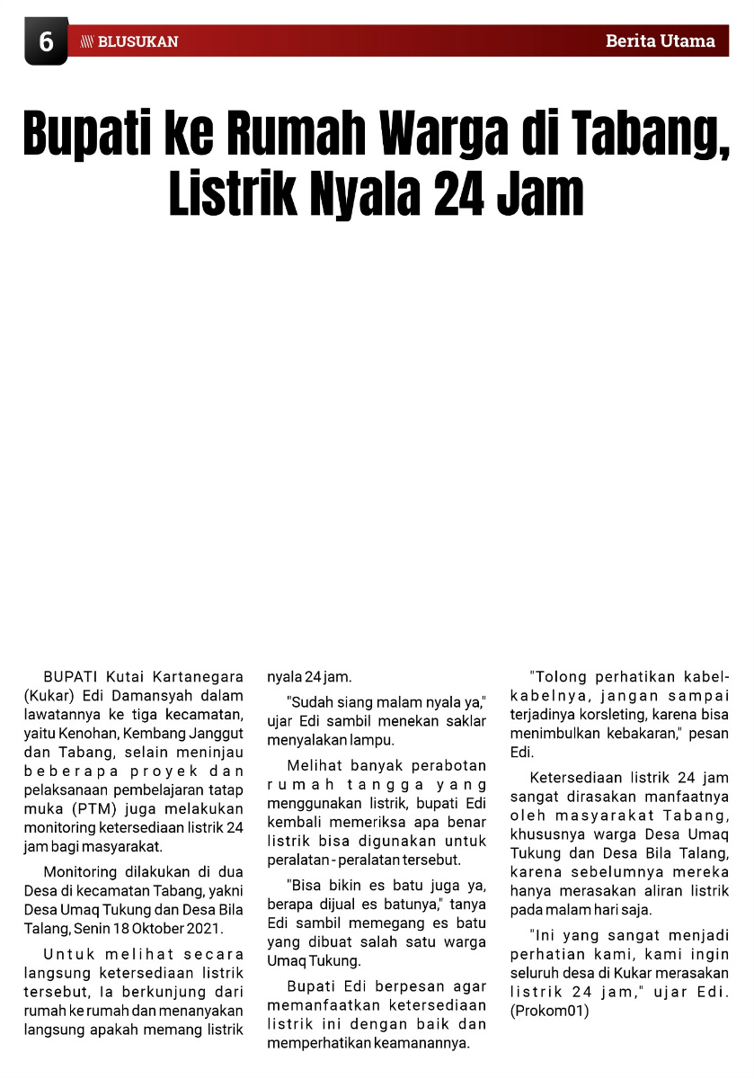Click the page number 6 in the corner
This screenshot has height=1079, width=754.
(x=46, y=42)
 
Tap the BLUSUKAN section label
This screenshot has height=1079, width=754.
(x=137, y=41)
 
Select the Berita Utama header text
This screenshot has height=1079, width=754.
(x=661, y=40)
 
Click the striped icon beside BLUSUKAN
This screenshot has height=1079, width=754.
(x=87, y=41)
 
